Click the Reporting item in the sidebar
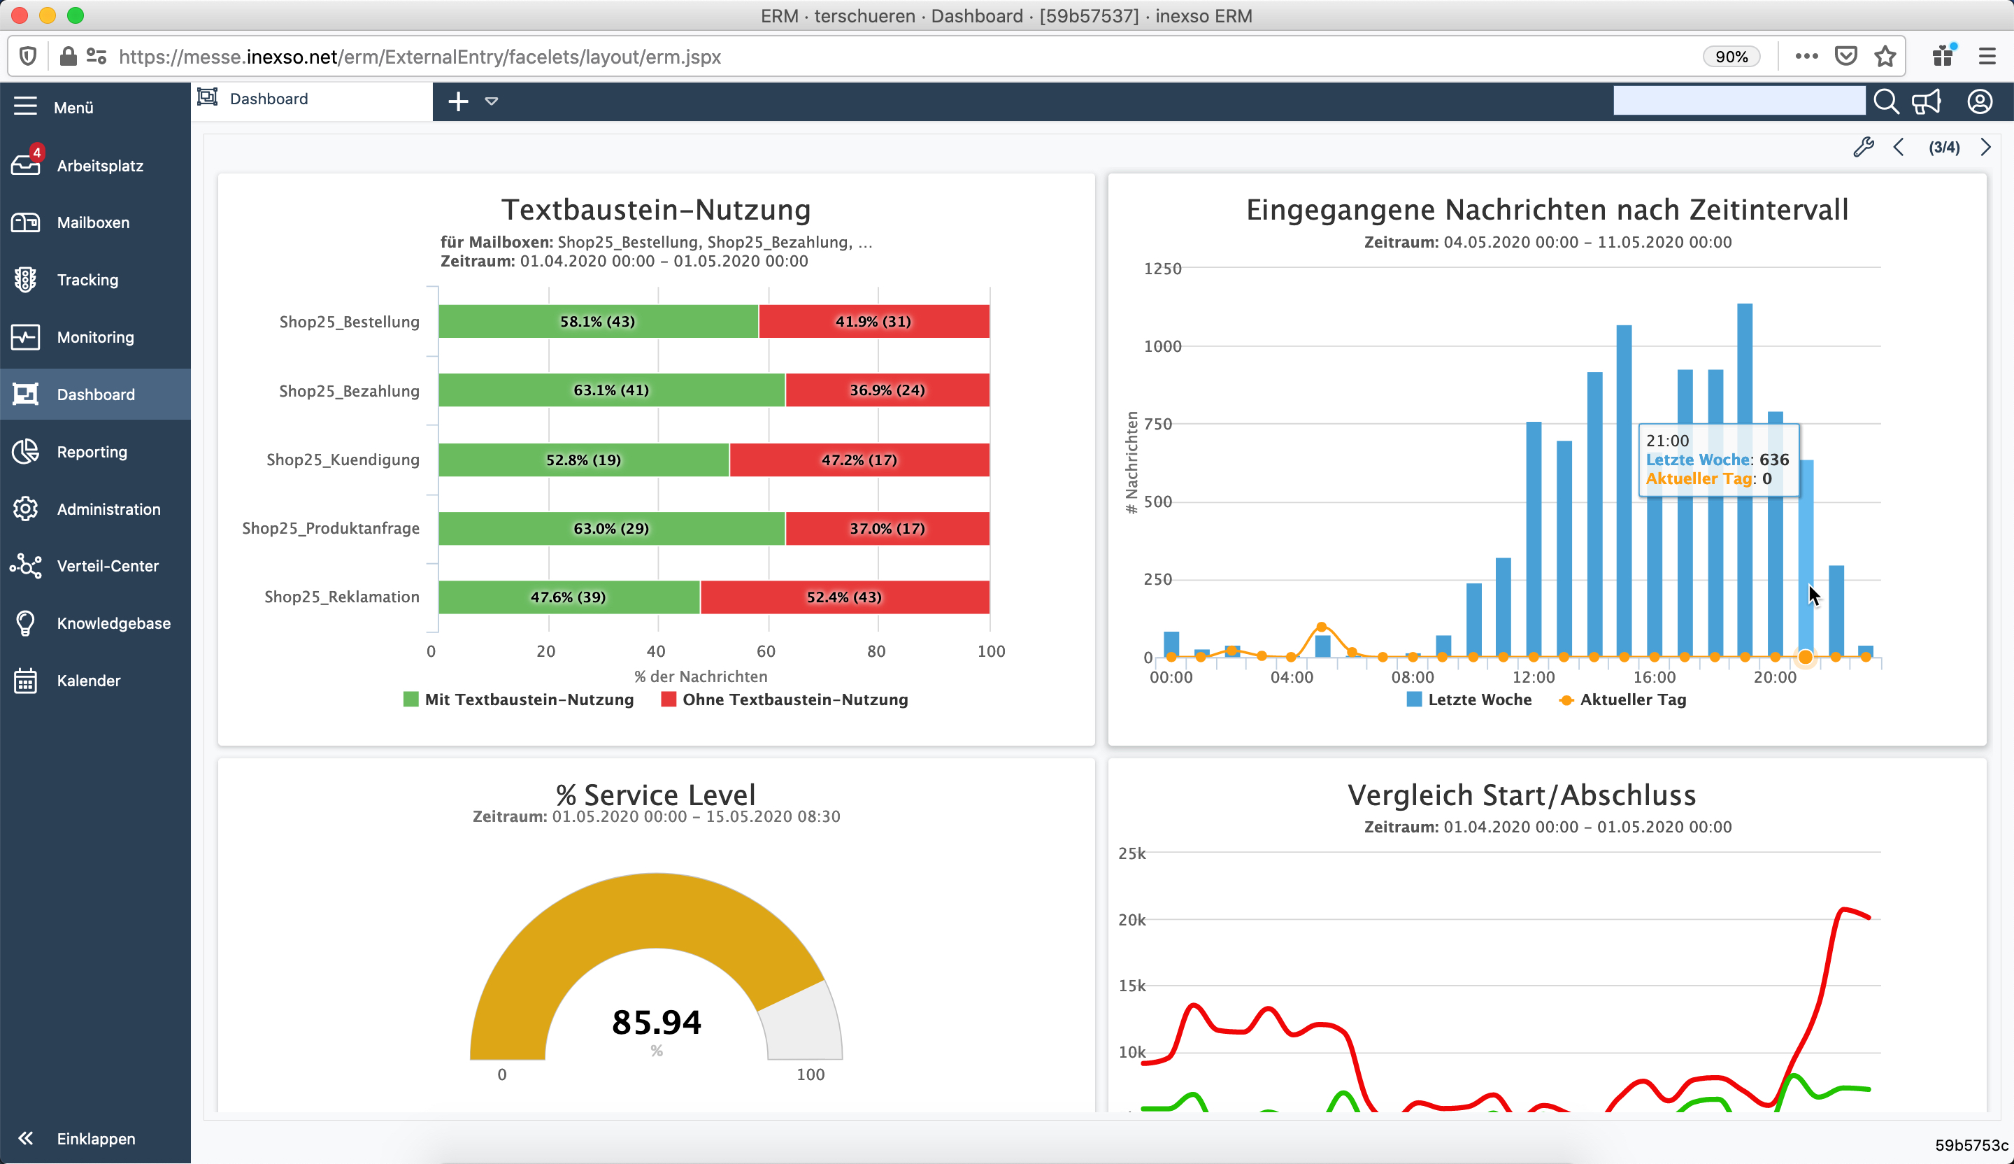pos(91,452)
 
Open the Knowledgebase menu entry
pos(113,623)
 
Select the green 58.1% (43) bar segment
pos(597,321)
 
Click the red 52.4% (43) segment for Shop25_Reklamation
pos(844,597)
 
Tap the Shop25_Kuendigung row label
pos(342,460)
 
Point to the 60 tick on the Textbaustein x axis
pos(766,651)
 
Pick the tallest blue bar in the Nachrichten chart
pos(1745,480)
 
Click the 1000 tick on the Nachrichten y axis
pos(1162,346)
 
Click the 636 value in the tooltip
pos(1773,460)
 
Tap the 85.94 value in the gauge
pos(656,1023)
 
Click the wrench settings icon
pos(1863,147)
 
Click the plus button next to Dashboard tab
pos(458,101)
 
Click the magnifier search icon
pos(1886,101)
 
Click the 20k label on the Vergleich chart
pos(1131,919)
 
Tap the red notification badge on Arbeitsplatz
pos(37,152)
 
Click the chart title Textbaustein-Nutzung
pos(655,209)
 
